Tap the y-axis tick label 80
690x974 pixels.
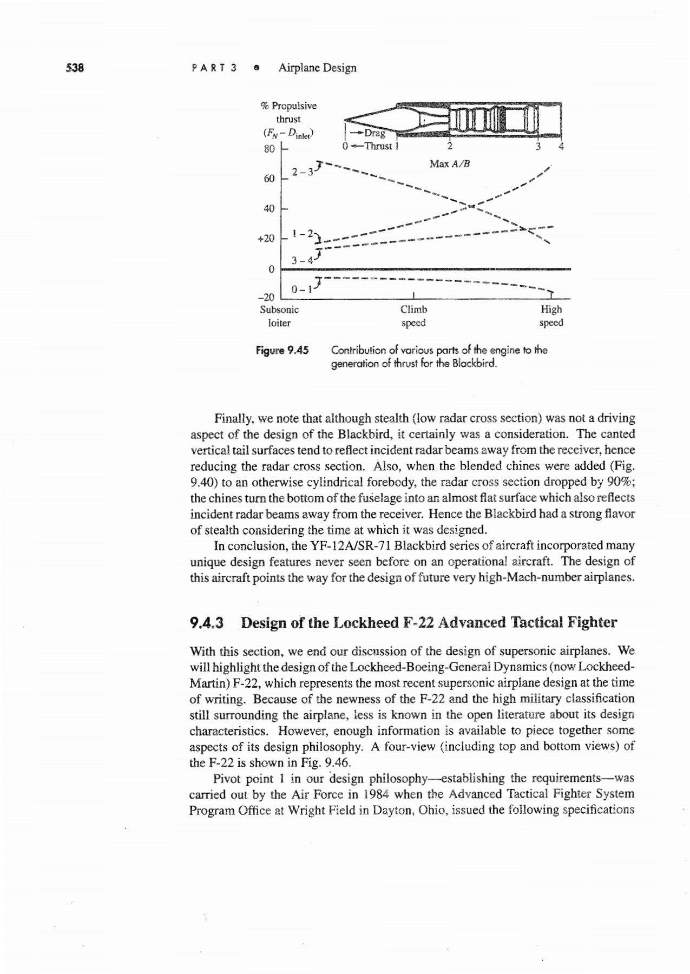click(x=269, y=149)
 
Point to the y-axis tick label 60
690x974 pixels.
click(x=269, y=179)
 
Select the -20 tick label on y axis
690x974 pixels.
click(x=266, y=297)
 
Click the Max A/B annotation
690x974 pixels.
click(x=449, y=163)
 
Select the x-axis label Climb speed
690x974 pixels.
click(x=413, y=316)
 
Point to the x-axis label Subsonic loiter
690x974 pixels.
click(x=279, y=316)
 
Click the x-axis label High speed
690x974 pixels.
click(x=551, y=316)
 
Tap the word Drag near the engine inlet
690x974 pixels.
click(x=374, y=133)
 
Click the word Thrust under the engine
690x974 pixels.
click(x=378, y=146)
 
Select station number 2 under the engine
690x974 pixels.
click(x=449, y=146)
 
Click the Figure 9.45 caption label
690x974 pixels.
click(x=282, y=350)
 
